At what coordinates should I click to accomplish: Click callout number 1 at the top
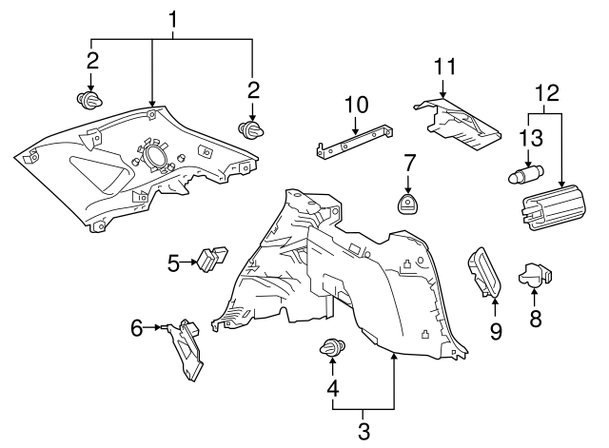click(x=172, y=17)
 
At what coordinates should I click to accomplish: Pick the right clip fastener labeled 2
click(x=251, y=130)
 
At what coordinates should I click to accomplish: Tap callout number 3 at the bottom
click(x=363, y=432)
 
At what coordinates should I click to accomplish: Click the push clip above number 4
click(x=333, y=348)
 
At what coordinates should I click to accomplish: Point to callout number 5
click(x=172, y=263)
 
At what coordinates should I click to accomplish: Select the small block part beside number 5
click(x=214, y=258)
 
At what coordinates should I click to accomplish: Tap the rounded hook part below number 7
click(x=409, y=204)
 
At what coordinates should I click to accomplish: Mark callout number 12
click(x=546, y=92)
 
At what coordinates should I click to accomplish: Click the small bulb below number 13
click(x=526, y=174)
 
